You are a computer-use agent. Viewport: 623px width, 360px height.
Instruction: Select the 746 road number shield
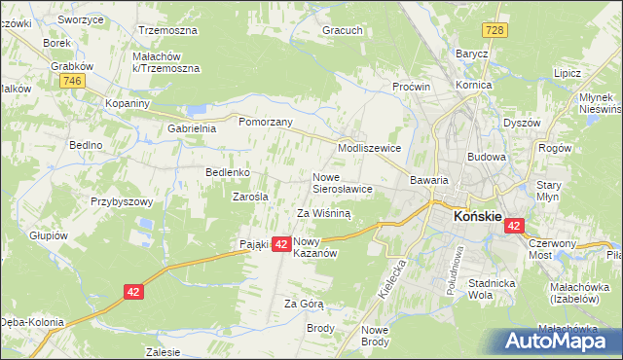tap(70, 82)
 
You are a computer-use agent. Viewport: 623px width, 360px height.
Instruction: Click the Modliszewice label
tap(369, 147)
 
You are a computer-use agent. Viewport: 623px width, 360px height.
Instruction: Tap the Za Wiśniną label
tap(322, 212)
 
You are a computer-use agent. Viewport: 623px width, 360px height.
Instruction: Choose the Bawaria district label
tap(428, 180)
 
